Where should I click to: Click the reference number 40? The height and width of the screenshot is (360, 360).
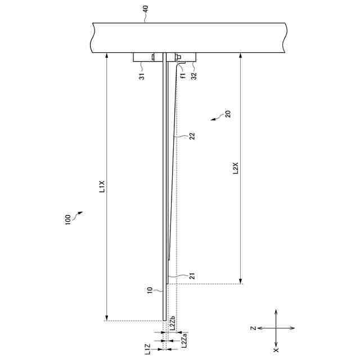(146, 10)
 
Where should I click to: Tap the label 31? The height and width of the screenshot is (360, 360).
(142, 76)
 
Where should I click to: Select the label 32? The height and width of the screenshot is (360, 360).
(194, 76)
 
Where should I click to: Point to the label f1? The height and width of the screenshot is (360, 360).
(183, 75)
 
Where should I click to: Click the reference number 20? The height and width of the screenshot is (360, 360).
(227, 114)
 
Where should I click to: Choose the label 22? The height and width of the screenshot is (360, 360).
(192, 136)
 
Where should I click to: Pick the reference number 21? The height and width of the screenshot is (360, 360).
(192, 276)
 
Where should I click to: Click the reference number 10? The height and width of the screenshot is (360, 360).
(150, 290)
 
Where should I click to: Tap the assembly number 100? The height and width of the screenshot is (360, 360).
(67, 220)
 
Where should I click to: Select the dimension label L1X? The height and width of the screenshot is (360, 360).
(102, 186)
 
